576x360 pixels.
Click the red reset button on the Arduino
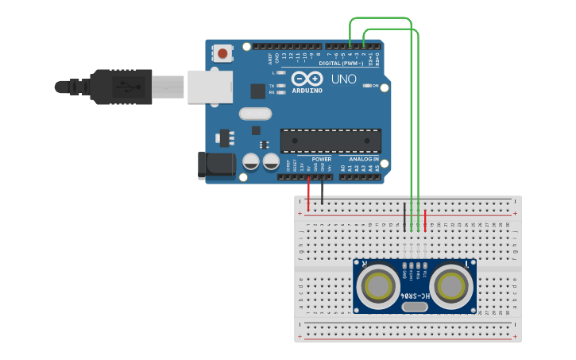pos(222,54)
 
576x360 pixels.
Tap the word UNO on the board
pos(343,79)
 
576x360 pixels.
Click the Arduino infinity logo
pos(307,79)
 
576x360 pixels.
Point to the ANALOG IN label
pos(360,159)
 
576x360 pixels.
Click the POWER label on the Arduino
pos(321,159)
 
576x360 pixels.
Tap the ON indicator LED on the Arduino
pos(366,85)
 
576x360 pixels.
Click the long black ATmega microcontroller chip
pos(331,140)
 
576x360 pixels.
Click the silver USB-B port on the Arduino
pos(209,87)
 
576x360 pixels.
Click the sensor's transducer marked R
pos(377,285)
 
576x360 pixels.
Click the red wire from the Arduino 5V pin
pos(308,195)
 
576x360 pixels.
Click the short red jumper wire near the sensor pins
pos(425,220)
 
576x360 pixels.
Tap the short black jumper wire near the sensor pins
pos(404,217)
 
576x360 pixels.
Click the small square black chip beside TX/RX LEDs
pos(257,91)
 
